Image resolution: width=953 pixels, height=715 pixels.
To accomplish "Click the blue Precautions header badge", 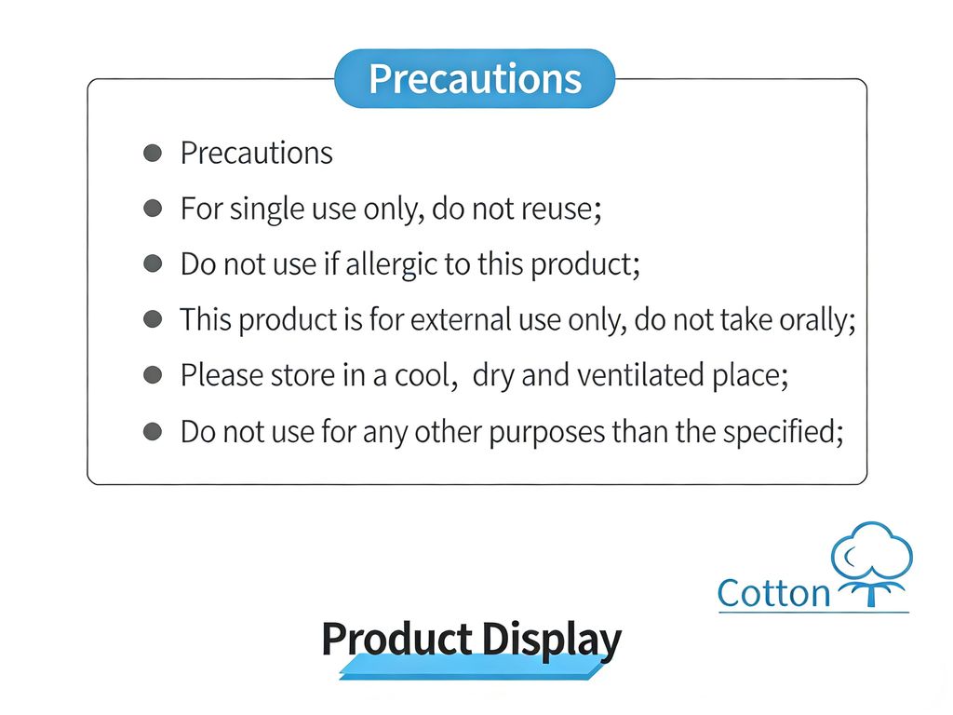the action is (x=475, y=78).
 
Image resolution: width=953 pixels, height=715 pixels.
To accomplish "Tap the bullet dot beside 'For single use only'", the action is (x=153, y=209).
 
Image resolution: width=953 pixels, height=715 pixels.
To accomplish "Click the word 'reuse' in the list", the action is (x=557, y=209).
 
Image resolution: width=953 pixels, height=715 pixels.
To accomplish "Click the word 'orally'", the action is (x=813, y=321).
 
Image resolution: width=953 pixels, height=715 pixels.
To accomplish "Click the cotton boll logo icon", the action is (x=871, y=563).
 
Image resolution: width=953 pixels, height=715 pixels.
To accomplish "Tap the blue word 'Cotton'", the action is (x=773, y=593).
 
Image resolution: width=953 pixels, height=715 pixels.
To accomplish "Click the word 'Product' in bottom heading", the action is (x=396, y=639).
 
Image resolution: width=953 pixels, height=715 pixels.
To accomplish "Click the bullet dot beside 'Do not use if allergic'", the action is (x=153, y=263).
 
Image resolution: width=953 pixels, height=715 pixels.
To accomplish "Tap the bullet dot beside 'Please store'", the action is (x=153, y=375).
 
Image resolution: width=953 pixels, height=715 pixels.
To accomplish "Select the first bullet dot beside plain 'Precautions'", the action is (x=153, y=153).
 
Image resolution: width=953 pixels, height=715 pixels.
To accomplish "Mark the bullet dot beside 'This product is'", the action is (x=153, y=319).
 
